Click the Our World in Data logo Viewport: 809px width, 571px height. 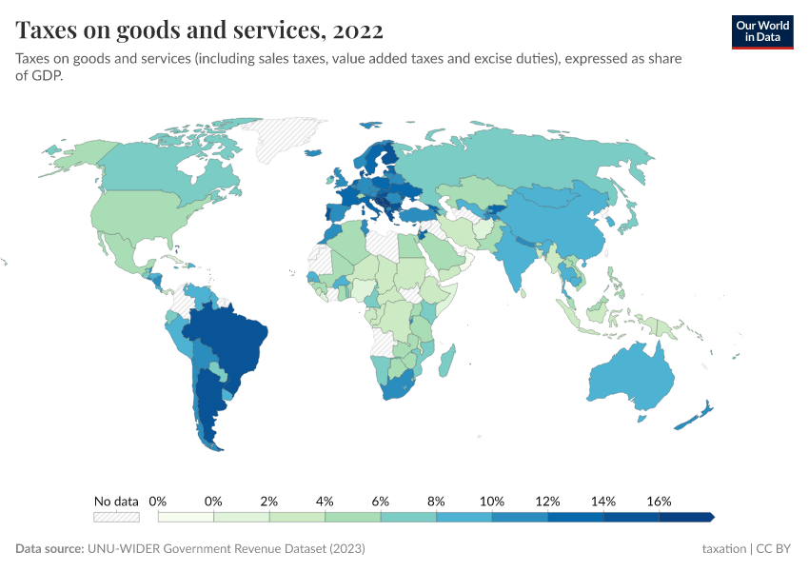click(x=761, y=31)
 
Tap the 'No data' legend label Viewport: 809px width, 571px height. click(x=116, y=501)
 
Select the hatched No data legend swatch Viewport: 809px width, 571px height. click(x=116, y=517)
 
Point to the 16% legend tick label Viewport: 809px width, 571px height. click(x=659, y=501)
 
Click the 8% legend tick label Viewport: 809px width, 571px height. click(x=436, y=501)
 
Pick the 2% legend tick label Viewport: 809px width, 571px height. click(x=269, y=501)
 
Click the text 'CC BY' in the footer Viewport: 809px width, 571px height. click(x=774, y=549)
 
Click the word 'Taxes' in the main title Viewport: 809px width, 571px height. click(x=47, y=30)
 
